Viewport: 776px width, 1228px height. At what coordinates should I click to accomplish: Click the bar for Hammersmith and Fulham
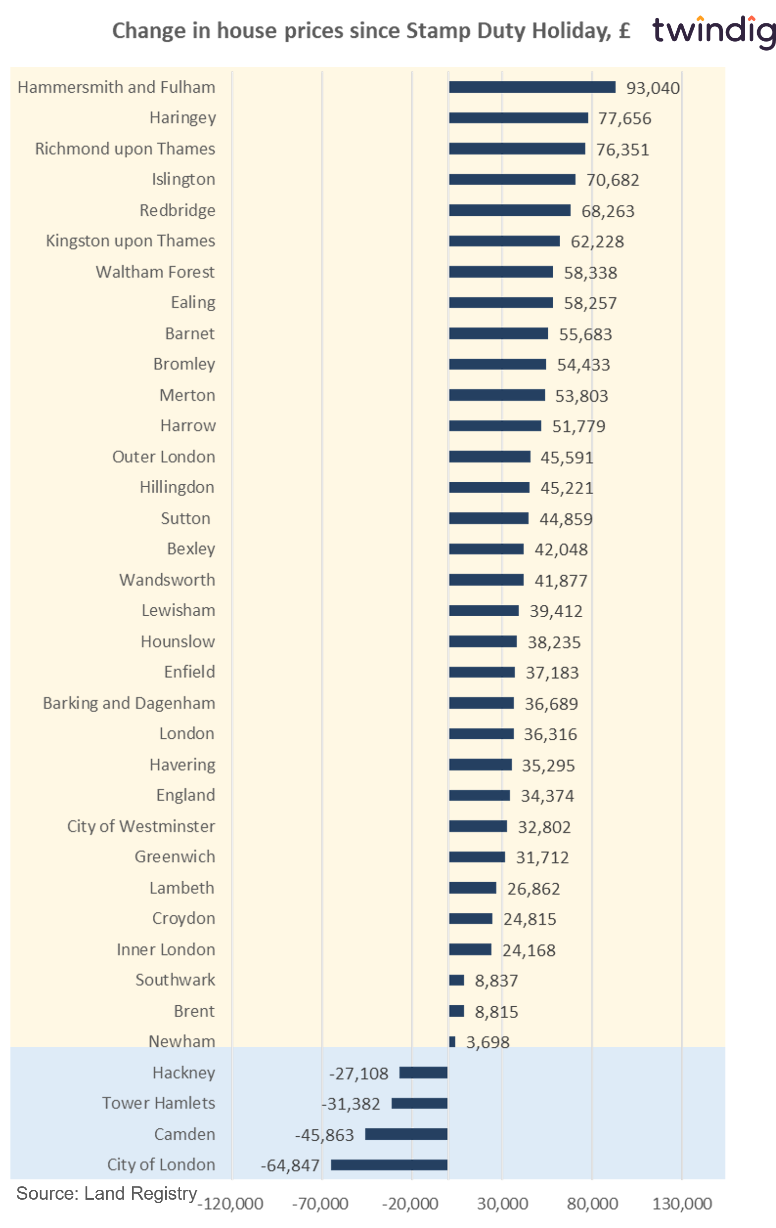[532, 87]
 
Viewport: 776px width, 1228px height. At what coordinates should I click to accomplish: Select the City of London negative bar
[389, 1165]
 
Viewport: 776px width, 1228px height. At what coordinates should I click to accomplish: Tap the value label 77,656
[625, 118]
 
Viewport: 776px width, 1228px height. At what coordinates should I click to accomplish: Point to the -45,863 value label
[324, 1135]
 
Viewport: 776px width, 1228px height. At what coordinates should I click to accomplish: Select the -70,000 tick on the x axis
[320, 1204]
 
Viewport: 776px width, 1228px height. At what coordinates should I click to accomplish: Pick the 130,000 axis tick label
[682, 1204]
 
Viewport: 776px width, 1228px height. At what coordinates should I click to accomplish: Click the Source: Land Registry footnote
[107, 1193]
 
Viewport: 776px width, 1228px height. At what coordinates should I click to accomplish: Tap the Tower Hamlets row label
[159, 1103]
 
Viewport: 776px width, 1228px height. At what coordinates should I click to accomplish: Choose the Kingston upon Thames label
[130, 241]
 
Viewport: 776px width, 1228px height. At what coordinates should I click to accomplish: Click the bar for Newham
[452, 1042]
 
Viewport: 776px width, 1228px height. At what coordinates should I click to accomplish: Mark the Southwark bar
[456, 980]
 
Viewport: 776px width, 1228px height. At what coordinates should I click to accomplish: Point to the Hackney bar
[423, 1073]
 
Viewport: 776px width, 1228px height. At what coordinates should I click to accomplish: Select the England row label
[186, 795]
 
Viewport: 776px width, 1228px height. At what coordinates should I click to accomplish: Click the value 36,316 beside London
[550, 734]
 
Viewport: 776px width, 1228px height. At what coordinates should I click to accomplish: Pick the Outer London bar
[489, 456]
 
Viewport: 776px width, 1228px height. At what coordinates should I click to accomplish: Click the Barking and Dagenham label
[129, 703]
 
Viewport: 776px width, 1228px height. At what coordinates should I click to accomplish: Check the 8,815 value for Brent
[496, 1012]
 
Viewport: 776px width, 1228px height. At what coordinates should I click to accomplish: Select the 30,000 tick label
[502, 1204]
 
